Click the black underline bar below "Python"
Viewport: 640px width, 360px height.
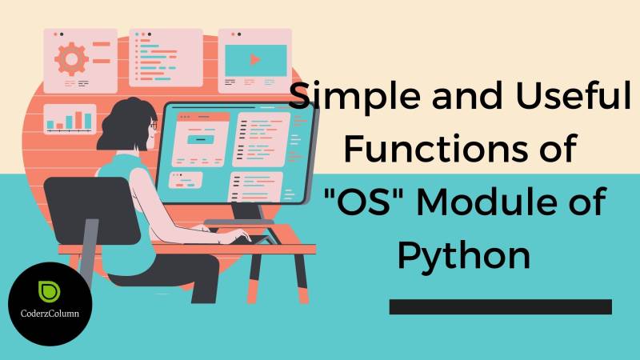point(500,306)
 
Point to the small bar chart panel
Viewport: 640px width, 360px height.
point(70,118)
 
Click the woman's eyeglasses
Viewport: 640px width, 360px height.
point(153,125)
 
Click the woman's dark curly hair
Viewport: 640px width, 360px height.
point(124,120)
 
